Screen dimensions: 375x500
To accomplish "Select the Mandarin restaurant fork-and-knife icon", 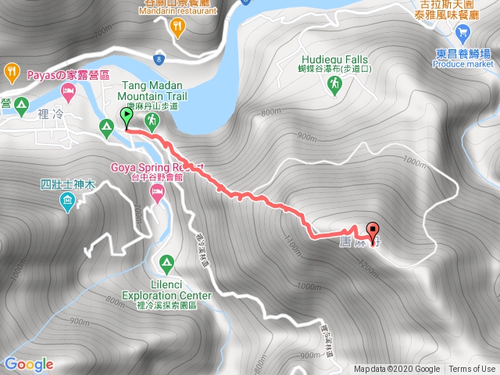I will [178, 27].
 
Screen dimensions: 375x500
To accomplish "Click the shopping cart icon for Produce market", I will [463, 33].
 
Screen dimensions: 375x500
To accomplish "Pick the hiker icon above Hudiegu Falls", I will [334, 82].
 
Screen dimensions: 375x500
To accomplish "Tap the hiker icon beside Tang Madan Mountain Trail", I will [152, 120].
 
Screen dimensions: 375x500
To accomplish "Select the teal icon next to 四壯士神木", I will [68, 203].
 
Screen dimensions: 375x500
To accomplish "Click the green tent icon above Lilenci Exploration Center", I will [166, 262].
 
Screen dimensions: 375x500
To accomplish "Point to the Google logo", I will [29, 364].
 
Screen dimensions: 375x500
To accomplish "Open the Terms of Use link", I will [472, 370].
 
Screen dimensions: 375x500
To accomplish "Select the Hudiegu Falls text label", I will [334, 57].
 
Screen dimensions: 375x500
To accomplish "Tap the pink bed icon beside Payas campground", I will [69, 92].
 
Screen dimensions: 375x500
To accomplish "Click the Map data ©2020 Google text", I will [397, 370].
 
